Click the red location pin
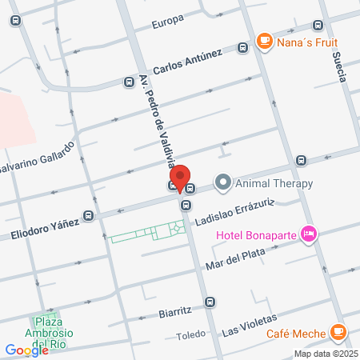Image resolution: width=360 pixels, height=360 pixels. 181,178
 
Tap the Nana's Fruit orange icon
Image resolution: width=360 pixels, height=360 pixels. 263,41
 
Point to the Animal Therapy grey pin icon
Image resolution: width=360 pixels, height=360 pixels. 223,183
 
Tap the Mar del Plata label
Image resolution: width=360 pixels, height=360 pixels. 234,259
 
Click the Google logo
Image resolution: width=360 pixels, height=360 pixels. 26,350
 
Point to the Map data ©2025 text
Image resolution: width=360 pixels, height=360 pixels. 326,353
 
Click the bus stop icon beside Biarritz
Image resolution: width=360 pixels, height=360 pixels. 210,302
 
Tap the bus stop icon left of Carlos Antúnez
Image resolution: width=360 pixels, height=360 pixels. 127,81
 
